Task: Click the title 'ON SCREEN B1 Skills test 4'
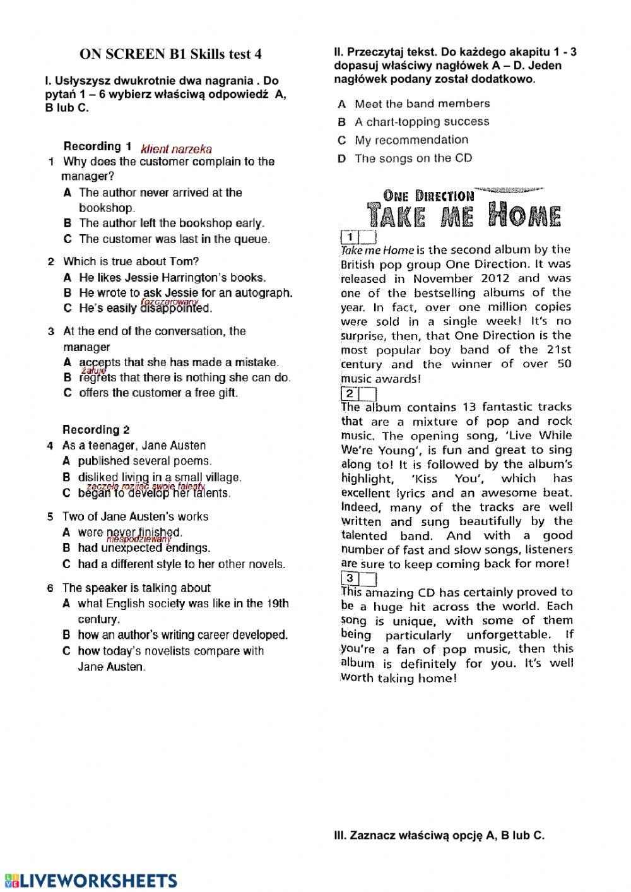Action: (170, 54)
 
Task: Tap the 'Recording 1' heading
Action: (98, 146)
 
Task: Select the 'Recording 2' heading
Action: (96, 430)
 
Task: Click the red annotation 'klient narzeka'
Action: (177, 150)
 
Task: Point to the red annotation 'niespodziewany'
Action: (139, 540)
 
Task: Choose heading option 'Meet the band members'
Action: (422, 104)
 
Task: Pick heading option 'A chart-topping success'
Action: (422, 122)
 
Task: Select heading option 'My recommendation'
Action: (411, 140)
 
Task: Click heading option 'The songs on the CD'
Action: (413, 158)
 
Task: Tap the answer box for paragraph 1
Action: (368, 237)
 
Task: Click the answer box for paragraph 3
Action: (368, 578)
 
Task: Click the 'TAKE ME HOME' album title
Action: (464, 216)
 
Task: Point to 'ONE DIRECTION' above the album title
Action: (428, 196)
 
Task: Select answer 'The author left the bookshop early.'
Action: (172, 223)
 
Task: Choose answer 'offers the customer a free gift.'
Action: (158, 393)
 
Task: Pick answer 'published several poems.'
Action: (144, 461)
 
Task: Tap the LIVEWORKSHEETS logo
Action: (90, 881)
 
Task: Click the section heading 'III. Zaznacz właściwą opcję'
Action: (439, 836)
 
